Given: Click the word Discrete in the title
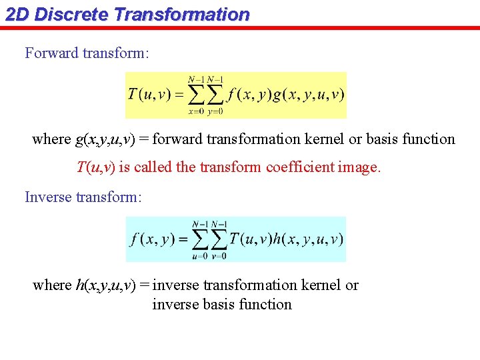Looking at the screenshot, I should point(71,14).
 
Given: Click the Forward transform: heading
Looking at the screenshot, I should point(87,53).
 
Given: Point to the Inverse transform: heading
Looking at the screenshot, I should point(83,197).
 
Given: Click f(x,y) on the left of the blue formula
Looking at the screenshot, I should point(152,239).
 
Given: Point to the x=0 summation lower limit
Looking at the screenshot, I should point(195,112).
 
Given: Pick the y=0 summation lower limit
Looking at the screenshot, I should point(215,112).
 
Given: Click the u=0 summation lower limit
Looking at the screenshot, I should point(199,256).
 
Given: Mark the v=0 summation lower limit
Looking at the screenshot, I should point(219,256).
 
